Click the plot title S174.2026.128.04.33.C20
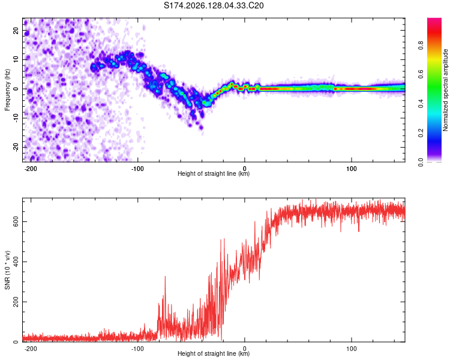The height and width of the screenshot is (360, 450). [214, 5]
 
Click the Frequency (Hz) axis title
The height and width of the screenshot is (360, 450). [7, 90]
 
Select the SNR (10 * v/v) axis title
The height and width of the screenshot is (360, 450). [7, 270]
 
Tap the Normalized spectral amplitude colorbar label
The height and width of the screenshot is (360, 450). [445, 90]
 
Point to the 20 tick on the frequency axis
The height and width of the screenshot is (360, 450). [16, 30]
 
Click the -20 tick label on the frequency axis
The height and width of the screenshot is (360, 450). [16, 147]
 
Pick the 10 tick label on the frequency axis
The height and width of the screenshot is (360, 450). [16, 59]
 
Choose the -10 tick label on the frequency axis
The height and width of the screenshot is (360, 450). [16, 118]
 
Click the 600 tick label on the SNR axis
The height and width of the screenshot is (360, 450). [16, 221]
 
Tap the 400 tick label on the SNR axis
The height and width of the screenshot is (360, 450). [16, 262]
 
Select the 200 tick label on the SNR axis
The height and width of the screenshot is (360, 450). [16, 302]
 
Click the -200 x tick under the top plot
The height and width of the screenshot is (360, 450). [31, 169]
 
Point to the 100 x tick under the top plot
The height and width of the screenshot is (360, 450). [352, 169]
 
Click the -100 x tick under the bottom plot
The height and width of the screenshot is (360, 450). [137, 349]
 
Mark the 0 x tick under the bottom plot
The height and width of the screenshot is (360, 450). [245, 349]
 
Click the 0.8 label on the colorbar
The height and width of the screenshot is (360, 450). [421, 45]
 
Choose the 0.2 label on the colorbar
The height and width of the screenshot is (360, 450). [421, 133]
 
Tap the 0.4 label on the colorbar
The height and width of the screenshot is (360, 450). [421, 104]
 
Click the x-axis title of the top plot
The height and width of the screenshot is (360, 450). [214, 173]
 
